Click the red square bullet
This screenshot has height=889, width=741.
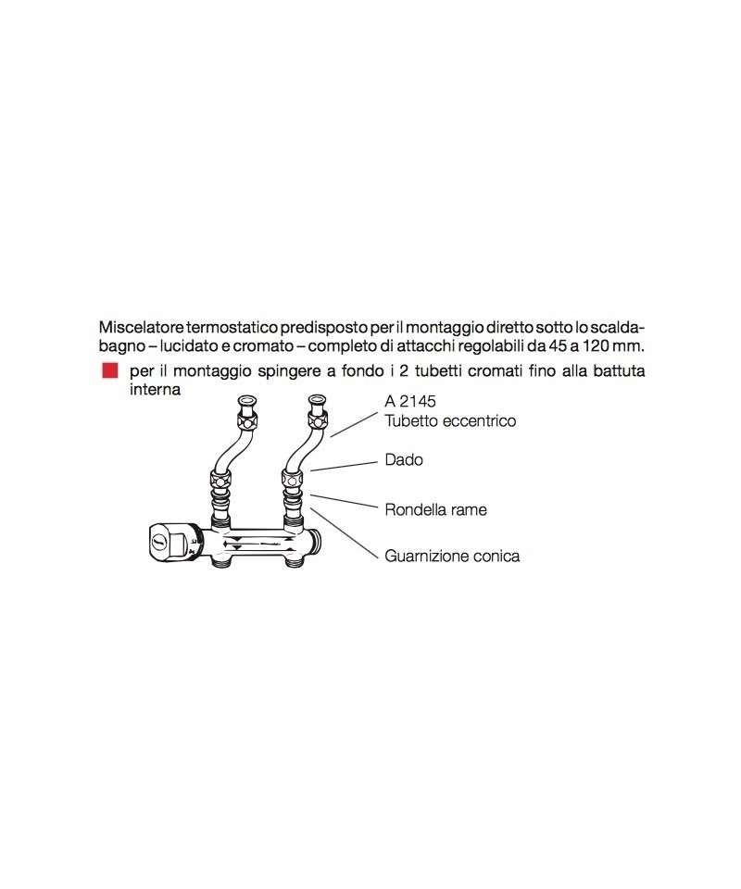click(109, 370)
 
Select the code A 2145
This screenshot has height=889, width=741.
click(410, 401)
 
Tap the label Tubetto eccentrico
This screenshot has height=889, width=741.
click(451, 420)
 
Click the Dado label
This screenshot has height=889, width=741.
click(404, 459)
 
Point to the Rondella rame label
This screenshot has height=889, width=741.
click(435, 509)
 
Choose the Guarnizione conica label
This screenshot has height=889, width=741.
click(452, 556)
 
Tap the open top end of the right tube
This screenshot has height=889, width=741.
click(317, 400)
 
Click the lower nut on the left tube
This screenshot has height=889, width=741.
click(220, 478)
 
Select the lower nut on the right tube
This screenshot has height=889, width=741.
click(293, 478)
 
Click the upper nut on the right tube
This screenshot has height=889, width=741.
click(318, 420)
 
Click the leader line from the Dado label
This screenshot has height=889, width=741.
click(344, 466)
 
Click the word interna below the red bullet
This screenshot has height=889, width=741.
click(155, 390)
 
